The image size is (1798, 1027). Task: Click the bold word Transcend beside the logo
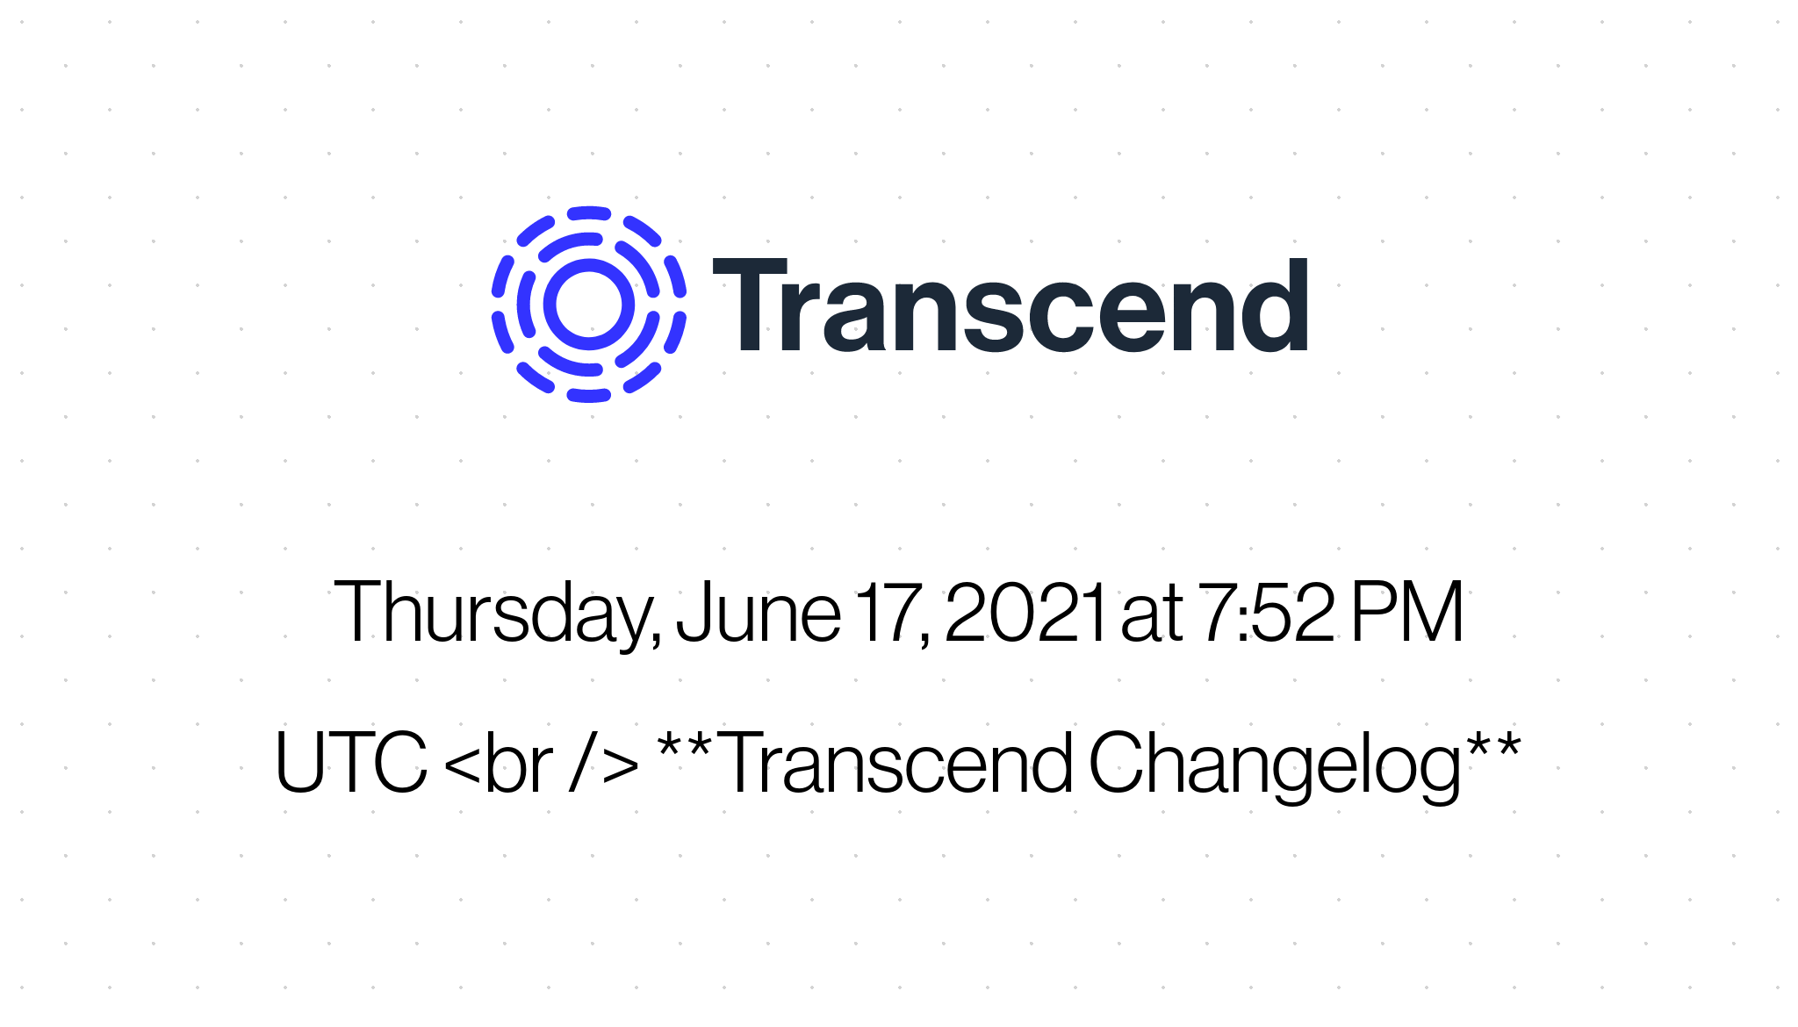[x=1010, y=306]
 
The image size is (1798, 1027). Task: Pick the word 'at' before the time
[x=1151, y=615]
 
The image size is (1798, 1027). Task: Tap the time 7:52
[x=1266, y=612]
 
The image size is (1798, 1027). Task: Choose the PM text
[x=1407, y=612]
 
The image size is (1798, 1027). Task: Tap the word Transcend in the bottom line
[x=897, y=762]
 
